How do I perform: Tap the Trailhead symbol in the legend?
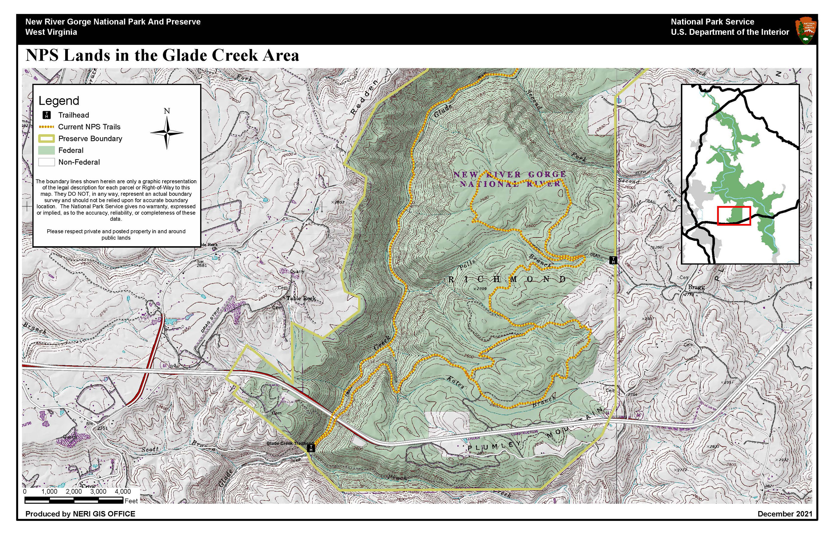pyautogui.click(x=46, y=115)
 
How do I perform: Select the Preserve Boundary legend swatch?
pyautogui.click(x=46, y=139)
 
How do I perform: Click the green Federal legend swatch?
pyautogui.click(x=46, y=151)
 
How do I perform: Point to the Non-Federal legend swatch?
pyautogui.click(x=46, y=162)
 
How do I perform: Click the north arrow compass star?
pyautogui.click(x=167, y=133)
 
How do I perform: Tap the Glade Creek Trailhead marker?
pyautogui.click(x=311, y=448)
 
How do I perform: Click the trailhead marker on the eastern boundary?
pyautogui.click(x=613, y=260)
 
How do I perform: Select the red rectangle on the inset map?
pyautogui.click(x=734, y=216)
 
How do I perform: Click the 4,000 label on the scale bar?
pyautogui.click(x=123, y=491)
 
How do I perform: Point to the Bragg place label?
pyautogui.click(x=696, y=287)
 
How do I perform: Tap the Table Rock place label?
pyautogui.click(x=301, y=298)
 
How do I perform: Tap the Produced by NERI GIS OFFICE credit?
pyautogui.click(x=80, y=514)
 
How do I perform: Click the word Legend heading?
pyautogui.click(x=59, y=101)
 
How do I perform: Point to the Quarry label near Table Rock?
pyautogui.click(x=297, y=271)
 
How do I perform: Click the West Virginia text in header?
pyautogui.click(x=51, y=32)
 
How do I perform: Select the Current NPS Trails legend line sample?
pyautogui.click(x=46, y=127)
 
